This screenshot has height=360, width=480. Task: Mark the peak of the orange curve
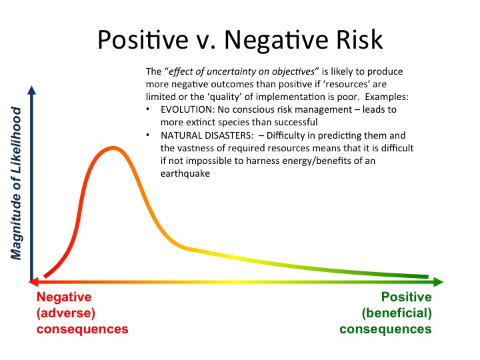pos(114,147)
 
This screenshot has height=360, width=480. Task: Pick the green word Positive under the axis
pos(406,297)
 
